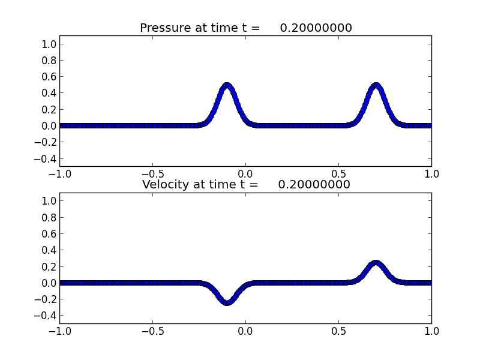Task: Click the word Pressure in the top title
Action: pos(164,28)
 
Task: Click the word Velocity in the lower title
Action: pos(166,185)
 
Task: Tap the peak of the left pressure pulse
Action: pos(227,85)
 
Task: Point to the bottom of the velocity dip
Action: pos(227,302)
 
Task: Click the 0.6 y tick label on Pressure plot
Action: pos(49,77)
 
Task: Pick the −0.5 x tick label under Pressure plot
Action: pos(152,173)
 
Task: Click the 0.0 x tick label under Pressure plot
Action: pos(245,173)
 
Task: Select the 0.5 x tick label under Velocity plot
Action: pos(338,331)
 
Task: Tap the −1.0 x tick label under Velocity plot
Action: pos(59,331)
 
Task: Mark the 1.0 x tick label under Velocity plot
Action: pos(431,331)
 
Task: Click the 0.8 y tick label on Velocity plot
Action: pos(49,217)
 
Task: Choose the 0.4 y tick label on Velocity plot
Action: pos(49,250)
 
